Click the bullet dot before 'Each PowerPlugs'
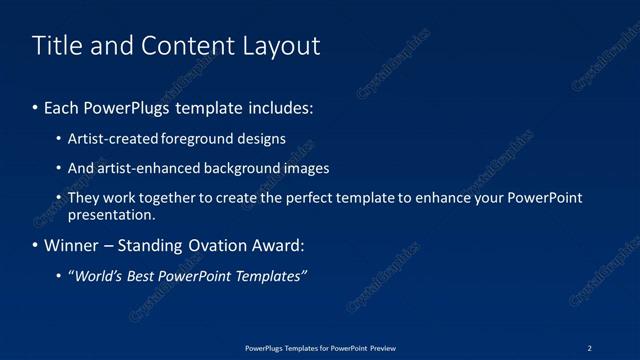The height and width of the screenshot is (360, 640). [x=36, y=108]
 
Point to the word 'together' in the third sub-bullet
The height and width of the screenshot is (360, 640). [x=175, y=198]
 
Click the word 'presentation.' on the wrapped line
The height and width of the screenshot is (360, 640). [x=111, y=214]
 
